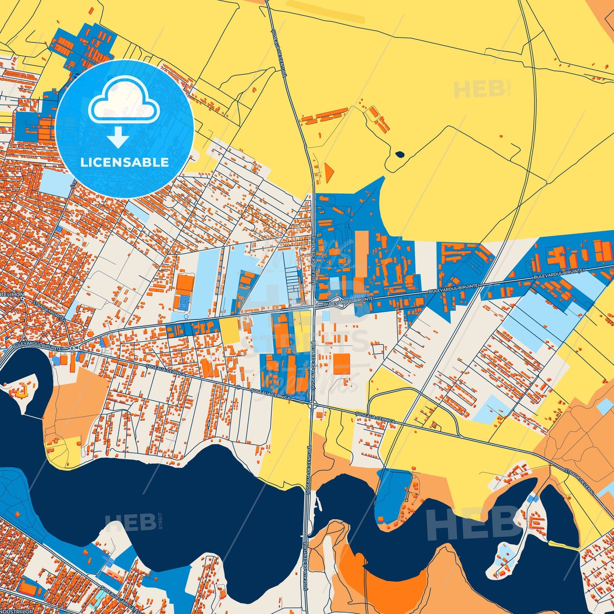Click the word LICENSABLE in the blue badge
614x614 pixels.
[x=124, y=162]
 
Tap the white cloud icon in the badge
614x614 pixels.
[x=124, y=100]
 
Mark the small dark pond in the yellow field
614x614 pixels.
[x=399, y=155]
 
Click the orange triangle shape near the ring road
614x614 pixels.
[x=328, y=173]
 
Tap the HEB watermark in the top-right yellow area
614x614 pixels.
[x=479, y=89]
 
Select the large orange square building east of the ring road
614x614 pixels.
[x=341, y=364]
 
